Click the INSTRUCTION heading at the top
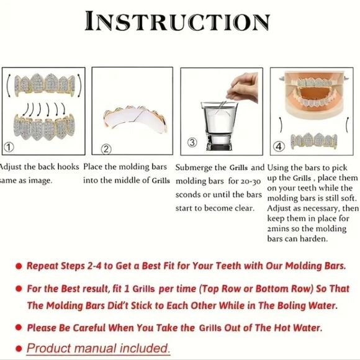[178, 21]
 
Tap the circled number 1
[9, 147]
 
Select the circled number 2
[106, 149]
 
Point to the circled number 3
[192, 142]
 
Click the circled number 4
[279, 146]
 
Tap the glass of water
[219, 126]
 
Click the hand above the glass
[243, 88]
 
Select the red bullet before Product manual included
[19, 349]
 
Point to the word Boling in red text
[291, 305]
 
